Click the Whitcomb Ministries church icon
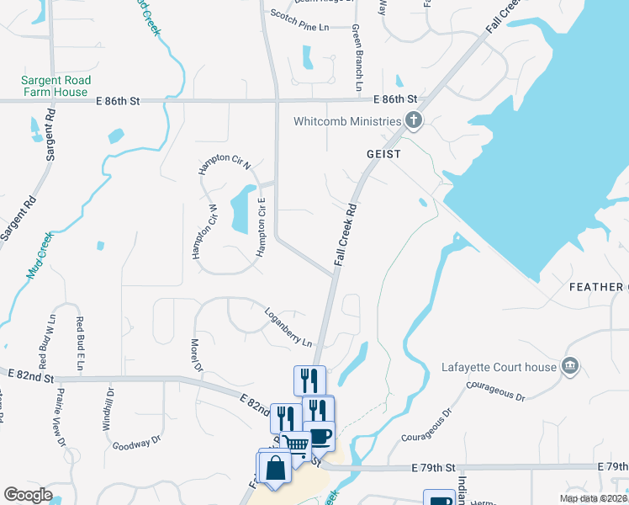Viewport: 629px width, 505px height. tap(413, 121)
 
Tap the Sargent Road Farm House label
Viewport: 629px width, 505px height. tap(56, 86)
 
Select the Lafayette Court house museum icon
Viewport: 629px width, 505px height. tap(570, 366)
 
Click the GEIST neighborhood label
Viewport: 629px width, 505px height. tap(383, 155)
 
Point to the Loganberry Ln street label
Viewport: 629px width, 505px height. tap(288, 328)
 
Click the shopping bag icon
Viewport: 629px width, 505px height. tap(275, 467)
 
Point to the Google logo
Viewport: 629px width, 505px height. tap(28, 495)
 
